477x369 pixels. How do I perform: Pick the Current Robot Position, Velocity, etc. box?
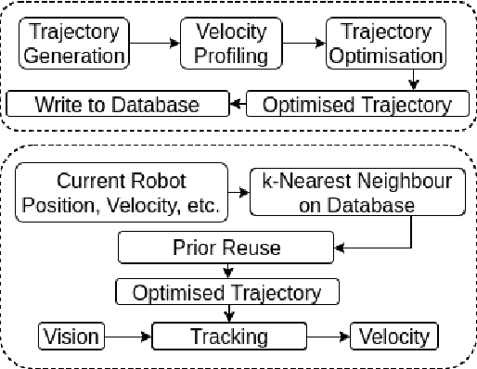pos(122,194)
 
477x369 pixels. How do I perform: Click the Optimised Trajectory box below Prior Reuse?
pos(227,293)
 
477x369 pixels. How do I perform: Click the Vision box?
pos(71,336)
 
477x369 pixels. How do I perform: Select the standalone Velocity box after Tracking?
pos(393,336)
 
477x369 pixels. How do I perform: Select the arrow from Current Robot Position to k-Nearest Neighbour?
pos(239,194)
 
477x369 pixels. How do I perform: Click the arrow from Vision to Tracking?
pos(127,336)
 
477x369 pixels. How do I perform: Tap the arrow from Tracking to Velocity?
pos(329,336)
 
